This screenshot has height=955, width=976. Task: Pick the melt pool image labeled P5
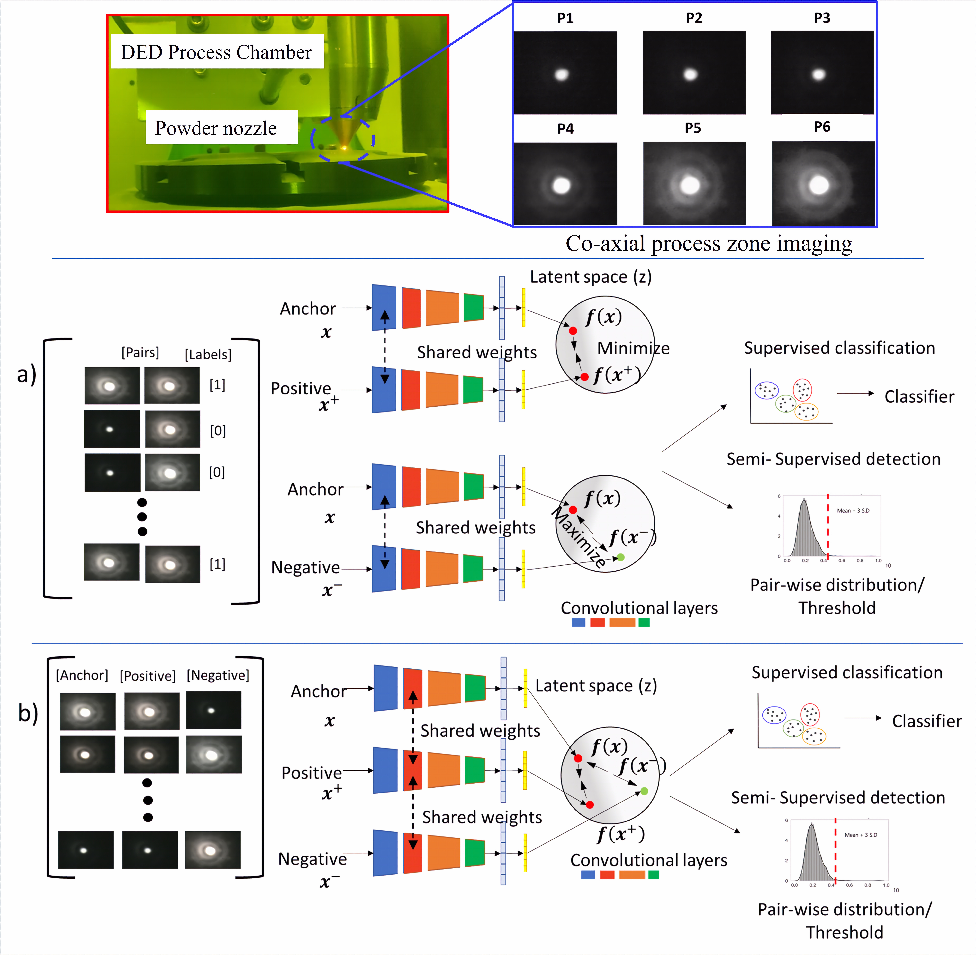(694, 184)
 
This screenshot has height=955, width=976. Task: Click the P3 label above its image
(822, 18)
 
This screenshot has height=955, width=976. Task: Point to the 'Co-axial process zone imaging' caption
(708, 243)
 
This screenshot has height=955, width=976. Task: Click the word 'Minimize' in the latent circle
(633, 348)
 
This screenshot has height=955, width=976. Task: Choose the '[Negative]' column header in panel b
(218, 675)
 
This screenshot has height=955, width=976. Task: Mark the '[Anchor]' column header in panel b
(82, 675)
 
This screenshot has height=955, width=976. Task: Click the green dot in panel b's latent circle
(644, 791)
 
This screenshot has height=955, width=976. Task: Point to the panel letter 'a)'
(27, 374)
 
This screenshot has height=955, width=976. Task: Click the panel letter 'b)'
(28, 713)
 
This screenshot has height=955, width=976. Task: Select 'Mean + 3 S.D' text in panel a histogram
(853, 511)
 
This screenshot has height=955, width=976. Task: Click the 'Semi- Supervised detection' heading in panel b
(838, 798)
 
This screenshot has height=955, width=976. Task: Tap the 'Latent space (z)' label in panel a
(591, 277)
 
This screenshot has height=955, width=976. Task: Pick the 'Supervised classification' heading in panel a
(839, 348)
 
